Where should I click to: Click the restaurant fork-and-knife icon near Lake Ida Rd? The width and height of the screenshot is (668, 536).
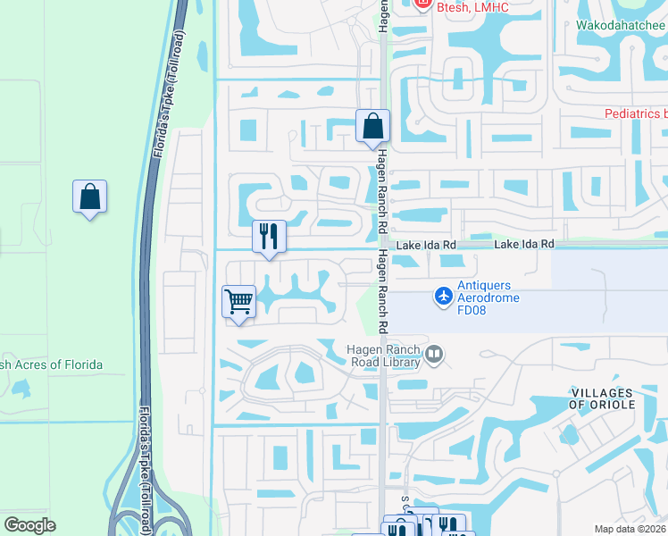point(269,237)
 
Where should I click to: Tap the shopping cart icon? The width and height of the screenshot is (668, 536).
point(238,302)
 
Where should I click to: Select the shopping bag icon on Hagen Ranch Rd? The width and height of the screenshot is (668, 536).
point(372,127)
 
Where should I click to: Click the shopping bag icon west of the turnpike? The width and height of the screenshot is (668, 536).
point(89,197)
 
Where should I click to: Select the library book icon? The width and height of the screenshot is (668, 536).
point(434,355)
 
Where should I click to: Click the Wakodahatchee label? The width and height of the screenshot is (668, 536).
point(622,25)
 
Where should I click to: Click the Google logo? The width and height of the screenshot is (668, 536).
point(30,525)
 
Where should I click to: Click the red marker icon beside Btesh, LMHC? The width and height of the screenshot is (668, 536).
point(423,4)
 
